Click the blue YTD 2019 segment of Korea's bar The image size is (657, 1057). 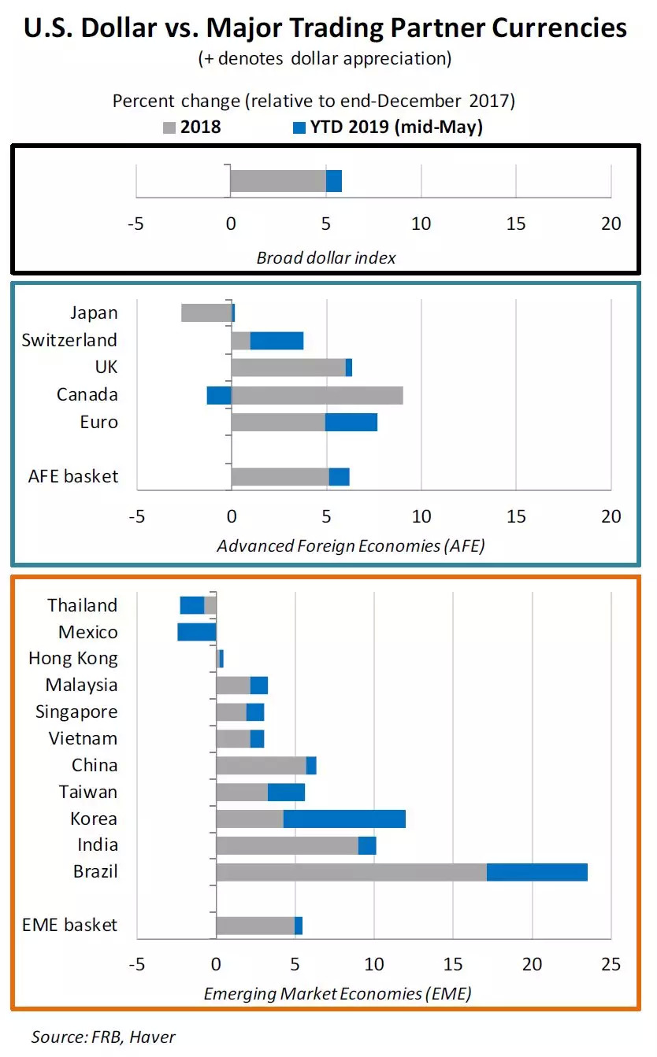click(x=344, y=819)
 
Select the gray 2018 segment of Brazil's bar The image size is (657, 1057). click(x=351, y=872)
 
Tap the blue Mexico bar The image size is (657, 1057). click(x=197, y=632)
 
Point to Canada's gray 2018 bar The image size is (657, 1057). click(x=317, y=395)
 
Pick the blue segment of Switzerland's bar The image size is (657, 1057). click(x=277, y=340)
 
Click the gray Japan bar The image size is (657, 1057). click(x=206, y=312)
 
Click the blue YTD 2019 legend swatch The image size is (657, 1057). click(x=298, y=127)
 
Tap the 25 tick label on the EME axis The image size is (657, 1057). click(x=611, y=964)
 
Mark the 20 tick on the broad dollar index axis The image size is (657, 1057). click(x=611, y=224)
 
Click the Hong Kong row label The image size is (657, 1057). click(x=72, y=658)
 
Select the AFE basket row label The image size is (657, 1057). click(x=73, y=476)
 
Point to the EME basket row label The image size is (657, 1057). click(x=71, y=925)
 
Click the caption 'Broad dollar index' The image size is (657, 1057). click(x=326, y=258)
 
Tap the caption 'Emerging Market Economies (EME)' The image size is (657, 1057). click(x=338, y=994)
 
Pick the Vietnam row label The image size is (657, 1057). click(x=83, y=738)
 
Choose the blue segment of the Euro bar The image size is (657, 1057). click(x=351, y=422)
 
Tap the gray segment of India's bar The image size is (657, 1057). click(x=287, y=845)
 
